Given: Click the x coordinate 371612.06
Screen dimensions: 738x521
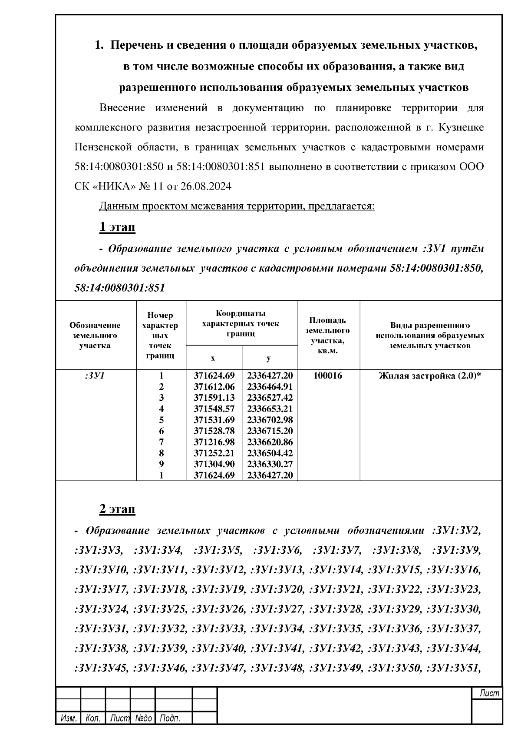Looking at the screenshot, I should [x=214, y=387].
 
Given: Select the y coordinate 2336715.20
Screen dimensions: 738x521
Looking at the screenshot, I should [x=270, y=431].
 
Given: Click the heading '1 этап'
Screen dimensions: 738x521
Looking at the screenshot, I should [x=117, y=227].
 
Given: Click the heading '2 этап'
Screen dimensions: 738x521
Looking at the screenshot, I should [x=117, y=509].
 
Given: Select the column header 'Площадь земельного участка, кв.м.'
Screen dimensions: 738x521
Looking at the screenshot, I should [x=328, y=335].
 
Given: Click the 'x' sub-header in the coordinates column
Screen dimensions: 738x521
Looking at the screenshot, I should [x=213, y=358].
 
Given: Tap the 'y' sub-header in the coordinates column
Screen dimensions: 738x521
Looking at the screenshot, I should [x=269, y=358].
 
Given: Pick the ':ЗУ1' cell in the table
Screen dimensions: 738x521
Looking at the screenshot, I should [x=95, y=376].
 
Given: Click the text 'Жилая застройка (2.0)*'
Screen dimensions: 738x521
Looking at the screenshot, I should [x=430, y=376].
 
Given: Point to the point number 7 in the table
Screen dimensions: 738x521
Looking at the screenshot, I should [x=162, y=442].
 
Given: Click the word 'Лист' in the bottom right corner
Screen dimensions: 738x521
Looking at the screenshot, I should [x=489, y=693].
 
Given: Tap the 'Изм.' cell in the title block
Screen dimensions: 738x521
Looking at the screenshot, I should [x=69, y=718].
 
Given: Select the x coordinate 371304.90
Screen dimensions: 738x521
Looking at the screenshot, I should [x=214, y=465].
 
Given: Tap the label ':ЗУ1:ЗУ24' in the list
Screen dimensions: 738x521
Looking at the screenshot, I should [x=101, y=609].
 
